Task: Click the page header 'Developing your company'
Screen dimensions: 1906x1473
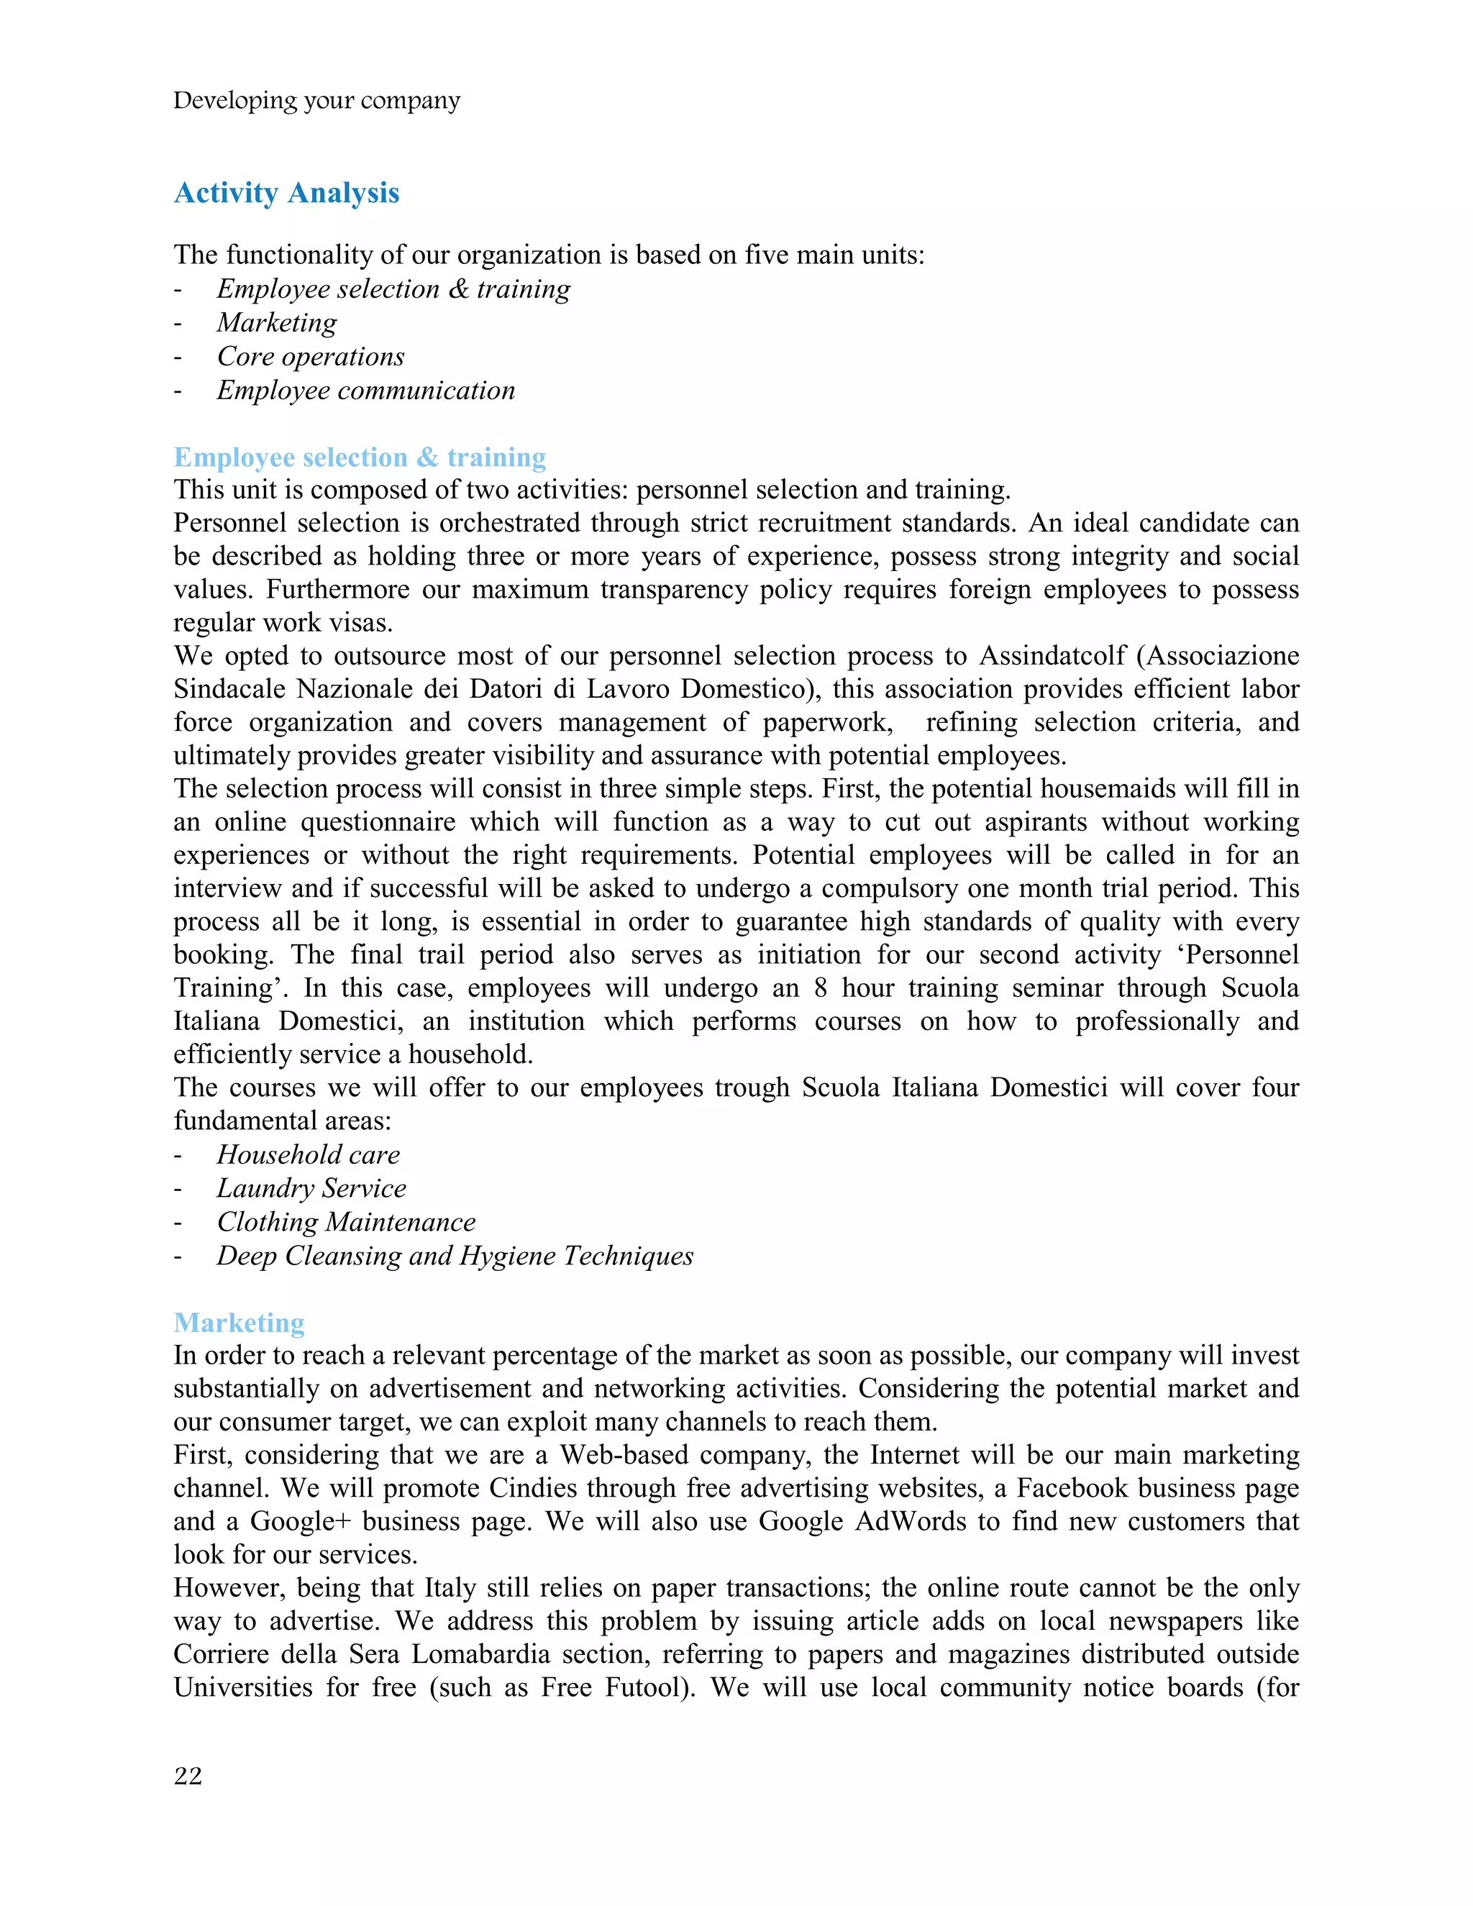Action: pos(316,101)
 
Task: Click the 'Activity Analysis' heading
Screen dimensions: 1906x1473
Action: pos(286,193)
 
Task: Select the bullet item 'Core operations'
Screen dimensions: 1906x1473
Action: pos(311,356)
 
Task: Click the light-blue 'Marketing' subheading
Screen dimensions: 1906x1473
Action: pos(239,1322)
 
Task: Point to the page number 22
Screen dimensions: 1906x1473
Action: pos(188,1776)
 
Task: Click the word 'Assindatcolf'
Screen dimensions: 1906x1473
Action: pos(1052,655)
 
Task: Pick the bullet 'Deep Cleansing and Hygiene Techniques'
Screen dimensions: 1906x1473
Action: pos(455,1256)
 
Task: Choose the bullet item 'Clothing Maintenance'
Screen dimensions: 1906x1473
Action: pos(345,1222)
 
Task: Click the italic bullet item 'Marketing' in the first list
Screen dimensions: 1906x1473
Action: pos(277,323)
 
